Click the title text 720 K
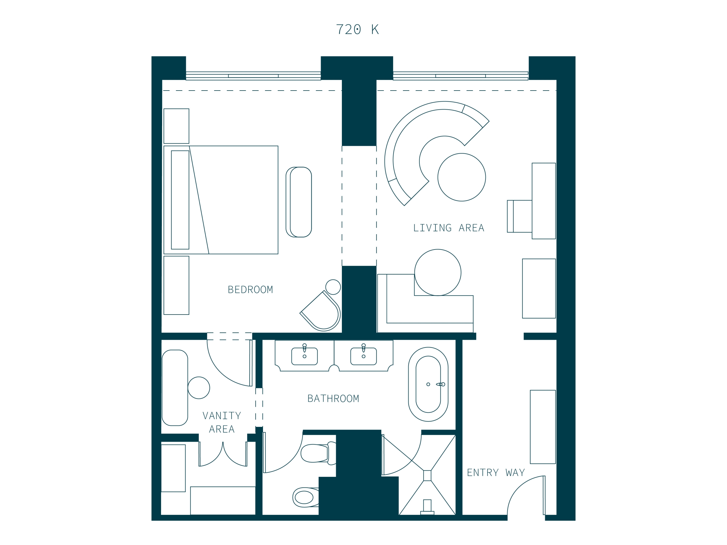point(357,30)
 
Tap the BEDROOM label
point(250,290)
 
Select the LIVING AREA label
point(449,228)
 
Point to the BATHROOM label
point(333,399)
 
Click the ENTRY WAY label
point(496,473)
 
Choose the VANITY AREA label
point(222,422)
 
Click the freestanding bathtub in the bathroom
point(428,384)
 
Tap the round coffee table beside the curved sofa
point(461,177)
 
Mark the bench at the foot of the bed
point(299,202)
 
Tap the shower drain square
point(427,476)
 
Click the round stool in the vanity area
point(199,388)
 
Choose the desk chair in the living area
point(520,216)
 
